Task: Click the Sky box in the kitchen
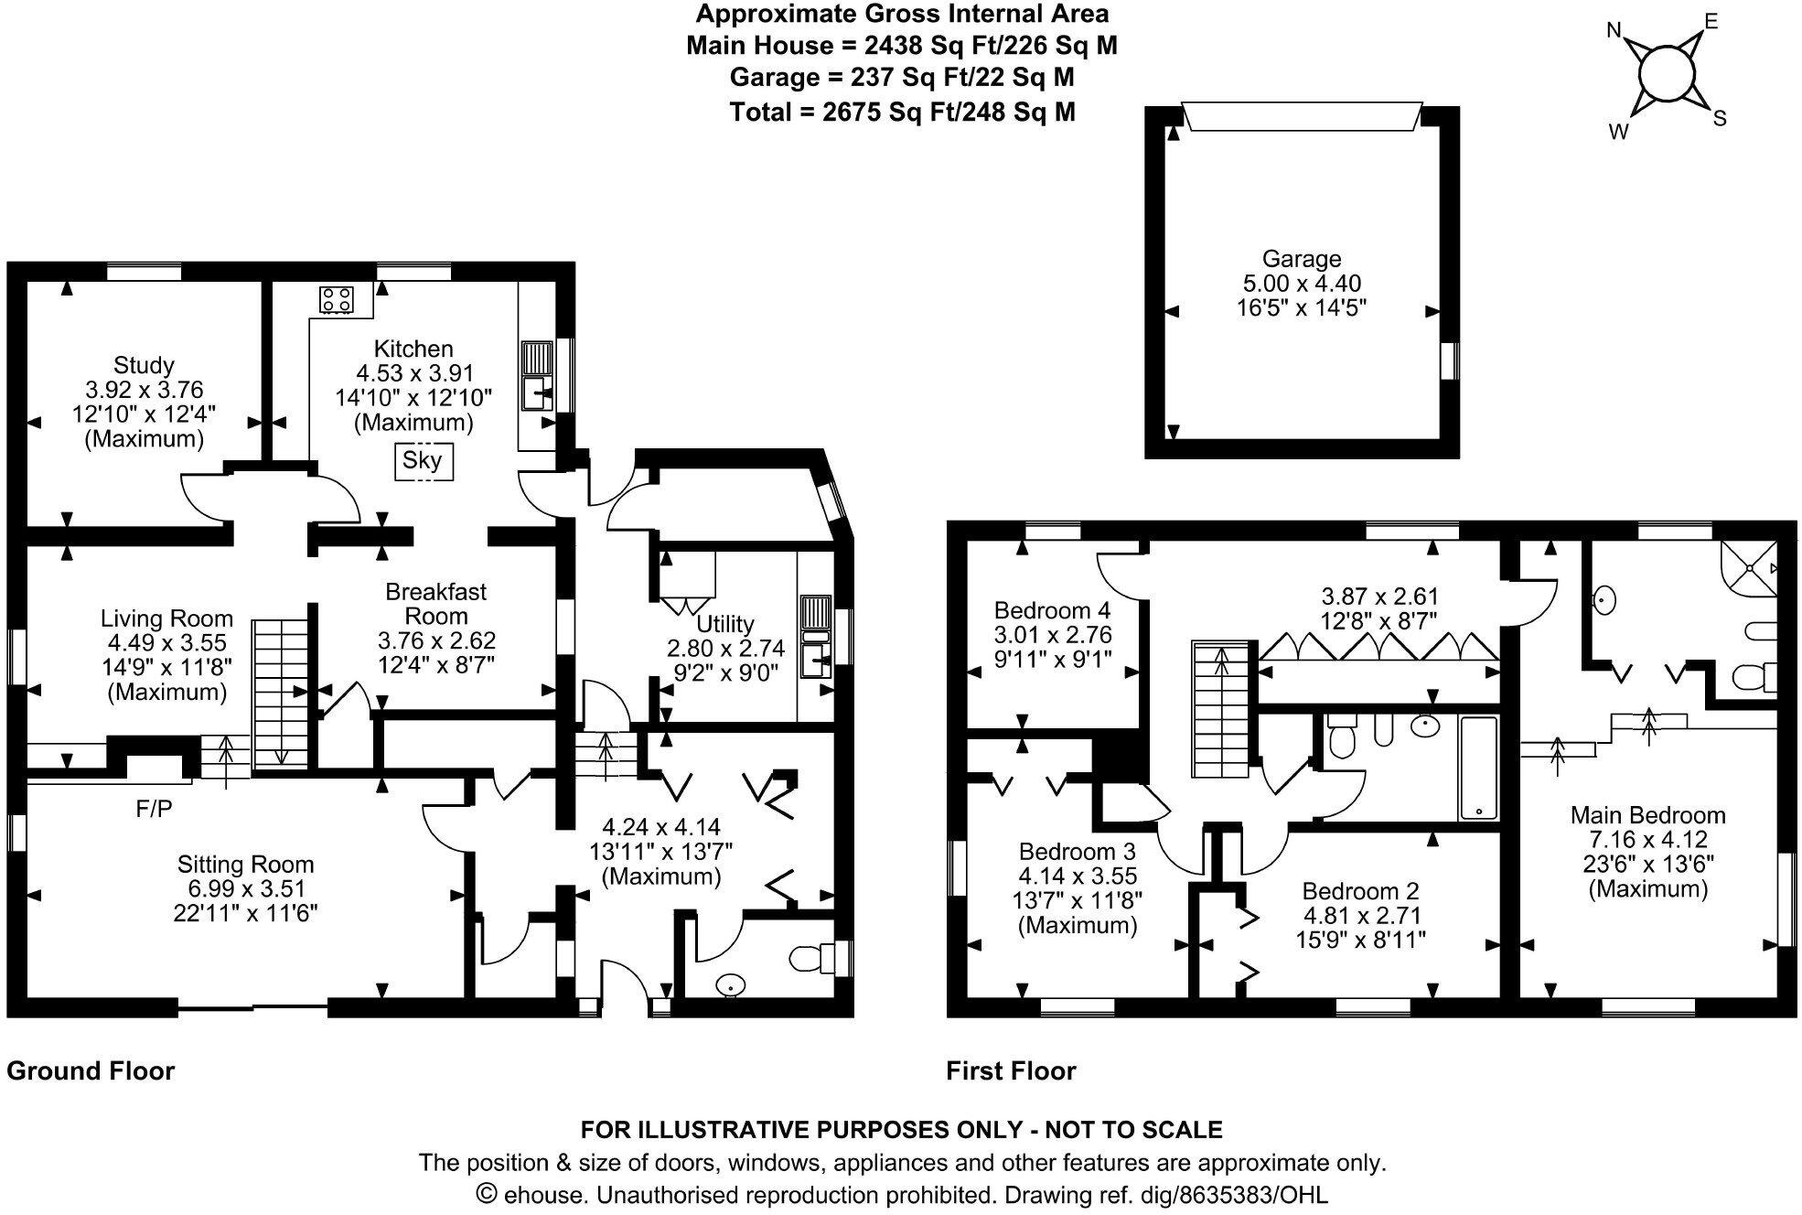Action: (423, 460)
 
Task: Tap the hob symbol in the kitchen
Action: (337, 298)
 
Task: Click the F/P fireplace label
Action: (154, 808)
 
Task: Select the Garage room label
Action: (1301, 259)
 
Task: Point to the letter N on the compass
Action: (1615, 31)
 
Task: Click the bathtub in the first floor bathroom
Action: (1478, 768)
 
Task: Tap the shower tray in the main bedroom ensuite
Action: (1749, 567)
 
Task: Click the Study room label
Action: (144, 365)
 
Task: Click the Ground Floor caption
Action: (91, 1070)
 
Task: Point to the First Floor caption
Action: (1011, 1070)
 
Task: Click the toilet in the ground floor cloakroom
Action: (810, 958)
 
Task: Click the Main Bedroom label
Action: (1647, 815)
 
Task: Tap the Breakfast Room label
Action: (435, 604)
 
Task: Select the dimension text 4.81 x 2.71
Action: (1363, 915)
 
